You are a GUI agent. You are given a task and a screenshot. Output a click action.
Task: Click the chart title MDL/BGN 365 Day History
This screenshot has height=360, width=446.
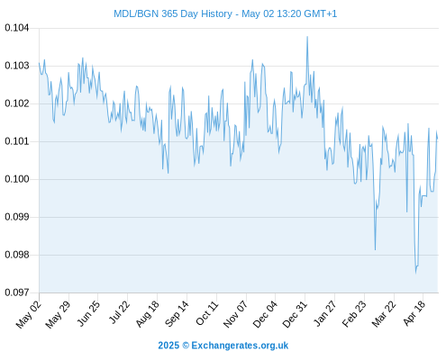pos(173,13)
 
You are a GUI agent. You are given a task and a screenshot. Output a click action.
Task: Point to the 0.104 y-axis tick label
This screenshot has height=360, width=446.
pos(17,28)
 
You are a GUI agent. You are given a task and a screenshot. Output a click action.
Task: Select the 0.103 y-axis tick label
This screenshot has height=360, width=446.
pos(17,66)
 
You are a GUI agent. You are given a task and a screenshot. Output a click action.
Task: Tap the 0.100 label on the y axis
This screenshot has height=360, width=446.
pos(17,179)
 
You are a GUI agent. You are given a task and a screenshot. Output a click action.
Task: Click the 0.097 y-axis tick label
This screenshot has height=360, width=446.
pos(17,292)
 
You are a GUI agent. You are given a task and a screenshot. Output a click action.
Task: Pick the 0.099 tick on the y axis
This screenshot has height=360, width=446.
pos(17,217)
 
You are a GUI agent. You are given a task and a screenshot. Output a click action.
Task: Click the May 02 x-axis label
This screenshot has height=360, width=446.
pos(29,315)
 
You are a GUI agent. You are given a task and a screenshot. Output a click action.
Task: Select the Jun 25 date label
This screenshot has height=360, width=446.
pos(88,313)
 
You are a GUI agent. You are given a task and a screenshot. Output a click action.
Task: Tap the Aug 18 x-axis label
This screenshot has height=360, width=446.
pos(147,314)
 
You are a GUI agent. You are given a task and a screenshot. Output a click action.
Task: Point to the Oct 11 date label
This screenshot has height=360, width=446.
pos(207,313)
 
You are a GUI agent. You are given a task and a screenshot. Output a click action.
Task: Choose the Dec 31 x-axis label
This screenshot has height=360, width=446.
pos(296,314)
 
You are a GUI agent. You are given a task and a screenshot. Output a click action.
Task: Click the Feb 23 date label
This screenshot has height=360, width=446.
pos(355,314)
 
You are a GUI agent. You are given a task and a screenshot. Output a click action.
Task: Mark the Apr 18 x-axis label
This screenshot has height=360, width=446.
pos(414,313)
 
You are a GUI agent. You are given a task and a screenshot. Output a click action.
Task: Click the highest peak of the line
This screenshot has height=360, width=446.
pos(307,37)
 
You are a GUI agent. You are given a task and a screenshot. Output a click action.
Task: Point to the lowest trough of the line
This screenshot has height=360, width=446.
pos(416,273)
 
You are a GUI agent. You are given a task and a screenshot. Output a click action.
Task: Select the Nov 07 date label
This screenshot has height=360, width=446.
pos(236,314)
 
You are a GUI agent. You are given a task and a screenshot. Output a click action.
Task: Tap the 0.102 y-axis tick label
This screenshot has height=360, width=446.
pos(17,103)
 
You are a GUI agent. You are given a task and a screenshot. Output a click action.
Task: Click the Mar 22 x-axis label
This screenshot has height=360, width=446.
pos(384,314)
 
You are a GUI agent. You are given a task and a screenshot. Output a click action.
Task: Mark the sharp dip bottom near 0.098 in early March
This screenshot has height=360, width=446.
pos(375,249)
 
